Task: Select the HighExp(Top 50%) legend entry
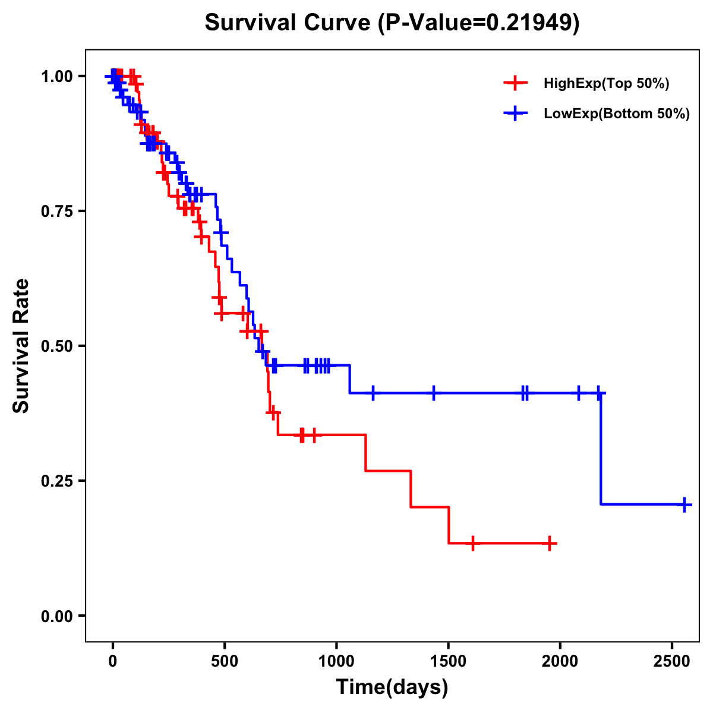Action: pos(606,83)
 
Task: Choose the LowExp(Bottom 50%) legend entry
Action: pos(616,113)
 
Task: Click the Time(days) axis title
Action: pos(392,687)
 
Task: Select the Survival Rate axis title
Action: pos(21,346)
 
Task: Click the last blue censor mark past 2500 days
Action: pos(684,504)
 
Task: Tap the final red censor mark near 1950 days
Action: pos(550,543)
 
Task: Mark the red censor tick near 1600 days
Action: pos(473,543)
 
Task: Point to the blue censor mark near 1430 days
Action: pos(433,393)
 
